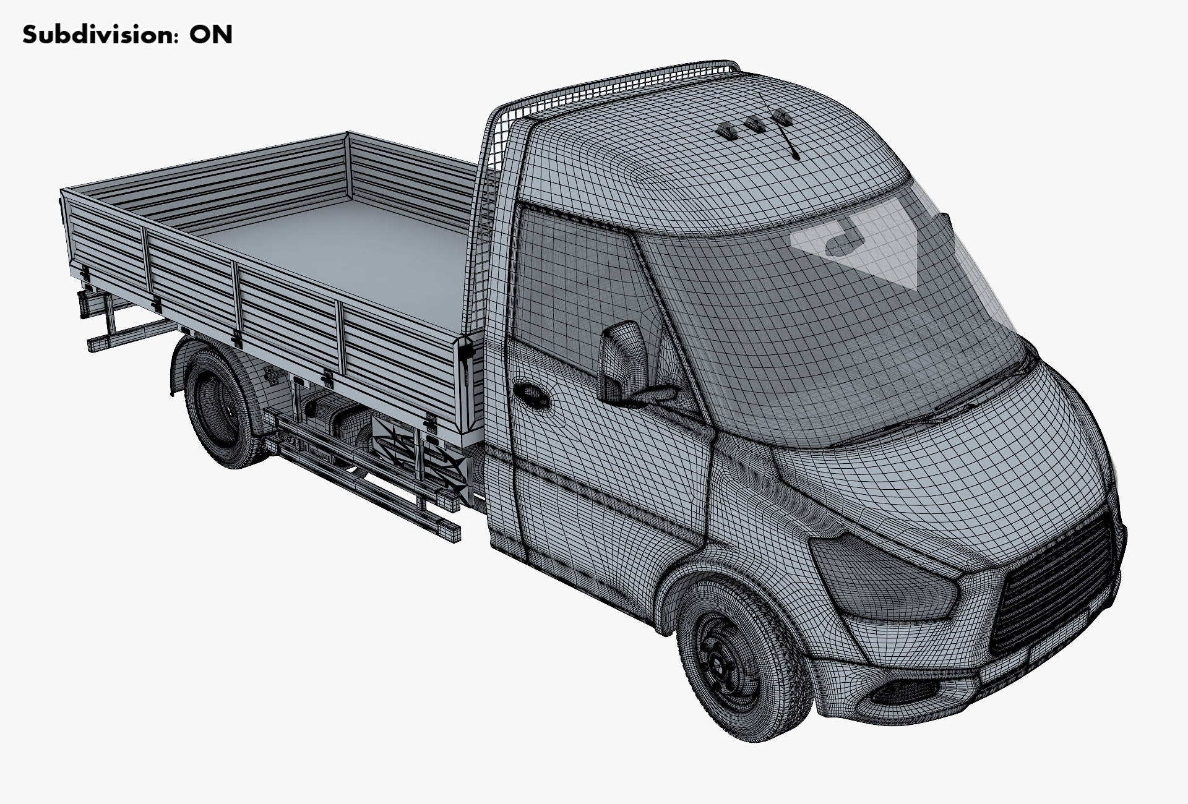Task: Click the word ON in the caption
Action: [211, 35]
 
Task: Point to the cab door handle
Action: [529, 394]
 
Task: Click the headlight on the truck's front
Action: [885, 578]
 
